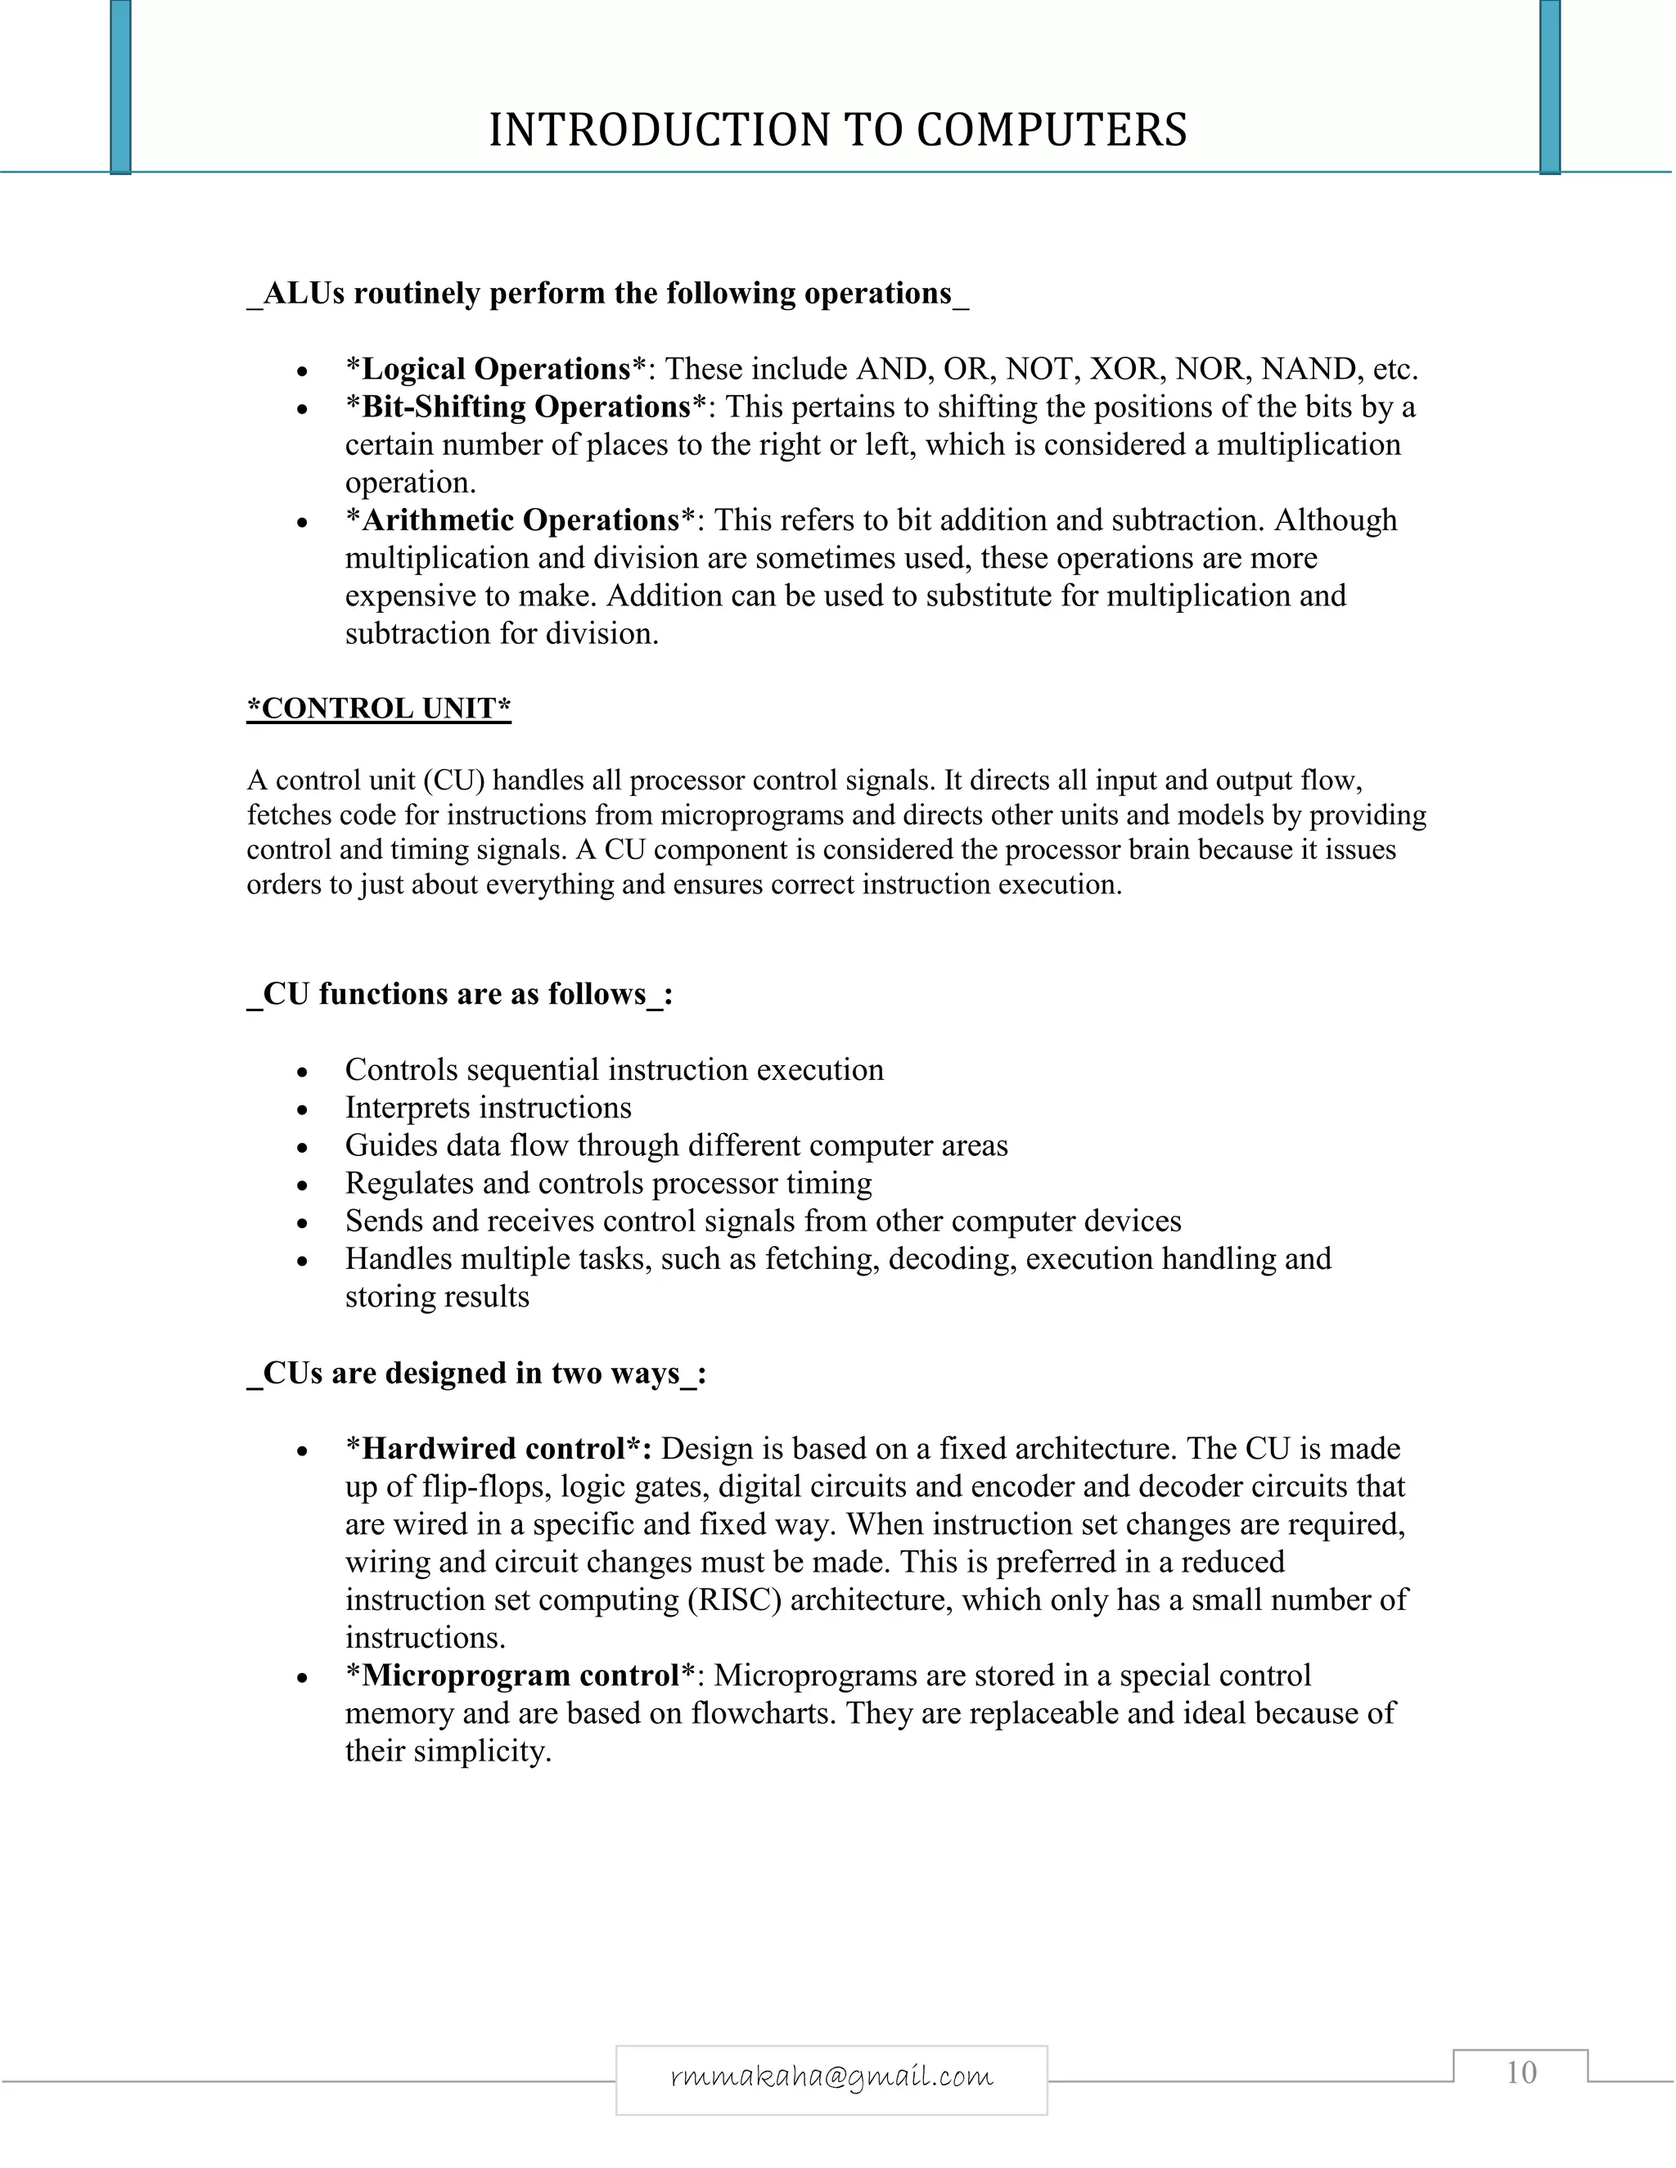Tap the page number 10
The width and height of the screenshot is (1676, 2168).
pos(1521,2071)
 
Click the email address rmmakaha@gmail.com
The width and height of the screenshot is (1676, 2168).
pos(831,2076)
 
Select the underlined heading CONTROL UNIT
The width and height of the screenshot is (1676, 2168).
pos(378,708)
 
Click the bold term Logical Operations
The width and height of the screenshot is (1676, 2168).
pos(495,369)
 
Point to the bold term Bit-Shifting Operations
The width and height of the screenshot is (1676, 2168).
pos(525,407)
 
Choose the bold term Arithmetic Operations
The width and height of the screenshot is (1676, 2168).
pos(520,520)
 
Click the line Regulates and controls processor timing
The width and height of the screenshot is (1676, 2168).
pos(608,1183)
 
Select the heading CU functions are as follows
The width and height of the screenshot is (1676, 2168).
pos(460,994)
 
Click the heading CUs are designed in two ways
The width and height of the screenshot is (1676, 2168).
pos(476,1373)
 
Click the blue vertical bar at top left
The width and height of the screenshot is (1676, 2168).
pos(120,88)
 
